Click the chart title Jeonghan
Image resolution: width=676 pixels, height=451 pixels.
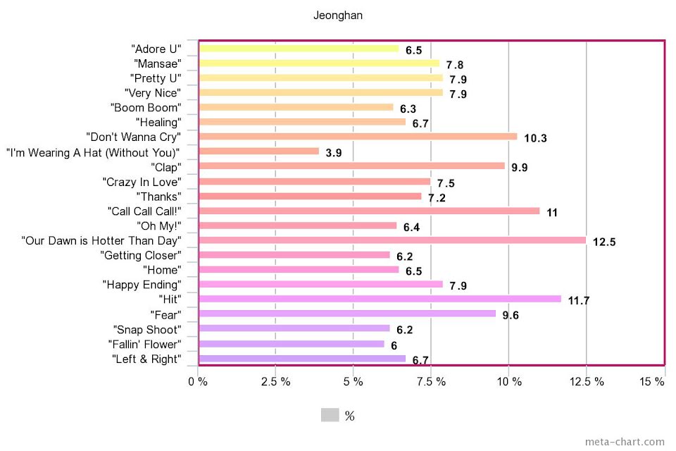338,16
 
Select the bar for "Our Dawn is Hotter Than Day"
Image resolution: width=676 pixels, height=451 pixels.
392,240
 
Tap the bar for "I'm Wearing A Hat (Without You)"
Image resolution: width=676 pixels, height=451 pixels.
259,152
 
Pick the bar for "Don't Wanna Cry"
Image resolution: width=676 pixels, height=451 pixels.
358,137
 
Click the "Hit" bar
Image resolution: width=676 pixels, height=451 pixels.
380,299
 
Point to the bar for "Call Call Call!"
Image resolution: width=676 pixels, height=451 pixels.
369,211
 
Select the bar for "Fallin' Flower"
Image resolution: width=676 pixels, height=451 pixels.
292,344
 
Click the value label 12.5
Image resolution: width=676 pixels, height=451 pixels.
604,242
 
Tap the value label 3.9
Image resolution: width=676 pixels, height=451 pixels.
334,153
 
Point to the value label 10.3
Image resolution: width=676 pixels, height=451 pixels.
535,138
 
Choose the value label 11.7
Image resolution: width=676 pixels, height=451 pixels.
578,301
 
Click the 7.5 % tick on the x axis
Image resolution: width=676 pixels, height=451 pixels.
431,382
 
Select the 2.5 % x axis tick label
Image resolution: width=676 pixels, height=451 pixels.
275,382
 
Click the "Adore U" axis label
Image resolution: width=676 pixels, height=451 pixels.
156,49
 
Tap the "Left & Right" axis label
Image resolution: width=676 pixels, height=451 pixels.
146,359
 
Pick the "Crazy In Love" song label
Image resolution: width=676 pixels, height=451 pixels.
142,182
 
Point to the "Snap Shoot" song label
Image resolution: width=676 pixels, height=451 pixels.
146,330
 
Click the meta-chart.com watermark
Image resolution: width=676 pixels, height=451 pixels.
624,442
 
